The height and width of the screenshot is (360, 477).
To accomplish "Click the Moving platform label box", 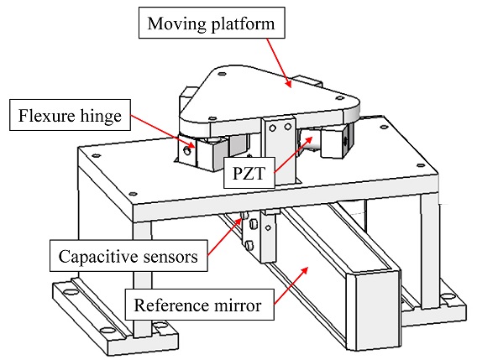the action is [x=212, y=23].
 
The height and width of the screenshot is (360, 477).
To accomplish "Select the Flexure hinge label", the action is [x=70, y=115].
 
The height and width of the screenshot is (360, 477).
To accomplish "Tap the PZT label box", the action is [x=249, y=172].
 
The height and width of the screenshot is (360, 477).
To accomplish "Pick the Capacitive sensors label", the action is [x=128, y=256].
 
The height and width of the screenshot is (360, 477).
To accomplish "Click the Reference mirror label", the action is [x=199, y=305].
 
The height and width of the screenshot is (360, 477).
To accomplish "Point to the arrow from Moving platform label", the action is [x=280, y=63].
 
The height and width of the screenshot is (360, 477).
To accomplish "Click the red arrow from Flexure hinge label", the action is [x=163, y=131].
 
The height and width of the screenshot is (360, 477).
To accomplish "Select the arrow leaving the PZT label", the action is [x=293, y=155].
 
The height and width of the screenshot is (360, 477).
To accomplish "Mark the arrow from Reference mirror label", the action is [x=291, y=285].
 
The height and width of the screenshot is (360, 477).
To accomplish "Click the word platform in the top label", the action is [x=243, y=24].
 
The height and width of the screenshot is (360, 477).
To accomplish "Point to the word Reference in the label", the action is [x=172, y=305].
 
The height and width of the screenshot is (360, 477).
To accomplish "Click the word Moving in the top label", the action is [x=176, y=24].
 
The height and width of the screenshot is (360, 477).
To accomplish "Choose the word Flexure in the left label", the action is [x=45, y=115].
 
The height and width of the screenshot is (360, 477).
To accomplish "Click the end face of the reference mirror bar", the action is [x=377, y=310].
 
